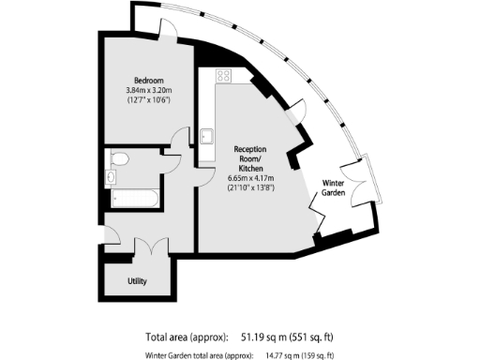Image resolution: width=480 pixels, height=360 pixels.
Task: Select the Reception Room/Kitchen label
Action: (x=250, y=156)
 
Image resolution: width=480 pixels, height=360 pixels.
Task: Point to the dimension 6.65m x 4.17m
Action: (x=250, y=176)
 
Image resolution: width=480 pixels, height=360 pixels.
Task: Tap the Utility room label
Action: (x=137, y=280)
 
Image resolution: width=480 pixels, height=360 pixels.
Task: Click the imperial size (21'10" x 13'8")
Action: (x=250, y=187)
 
